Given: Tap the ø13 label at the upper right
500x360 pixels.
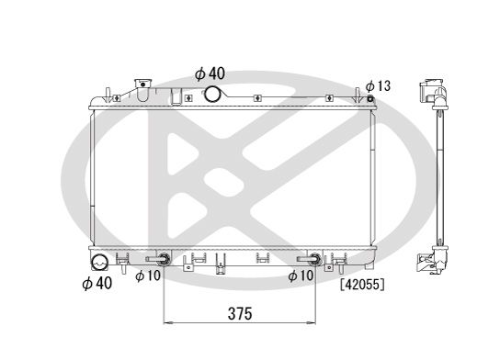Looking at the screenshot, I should coord(378,85).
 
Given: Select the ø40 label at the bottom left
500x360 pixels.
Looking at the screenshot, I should coord(97,284).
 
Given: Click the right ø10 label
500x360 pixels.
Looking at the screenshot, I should coord(301,276).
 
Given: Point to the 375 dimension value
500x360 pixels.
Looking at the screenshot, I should coord(240,313).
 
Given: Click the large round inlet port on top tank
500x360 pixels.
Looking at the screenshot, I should coord(212,94).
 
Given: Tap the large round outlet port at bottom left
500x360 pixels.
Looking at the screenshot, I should coord(100,262).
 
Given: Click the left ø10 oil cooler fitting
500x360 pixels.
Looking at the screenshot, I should coord(164,259).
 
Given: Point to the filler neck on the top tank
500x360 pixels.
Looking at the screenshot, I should coord(142,89).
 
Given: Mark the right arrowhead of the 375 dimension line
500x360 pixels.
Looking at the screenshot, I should coord(314,323).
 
